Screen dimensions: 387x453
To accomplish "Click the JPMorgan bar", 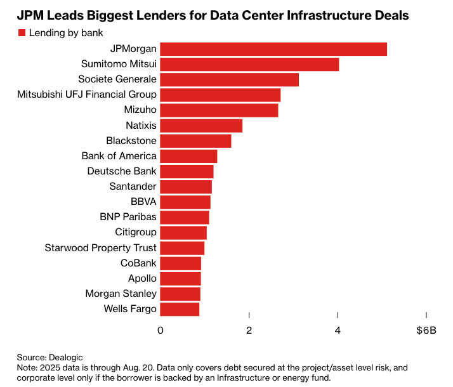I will [273, 49].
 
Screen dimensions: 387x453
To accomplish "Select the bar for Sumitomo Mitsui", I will [249, 64].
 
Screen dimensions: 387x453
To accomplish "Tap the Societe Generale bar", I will [229, 79].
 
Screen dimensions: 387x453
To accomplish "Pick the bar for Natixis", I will [201, 126].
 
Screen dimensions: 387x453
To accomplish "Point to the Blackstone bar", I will [195, 141].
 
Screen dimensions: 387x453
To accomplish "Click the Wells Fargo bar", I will [180, 309].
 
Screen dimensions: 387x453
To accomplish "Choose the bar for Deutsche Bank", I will [187, 171].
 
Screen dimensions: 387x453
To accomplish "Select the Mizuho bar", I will [219, 110].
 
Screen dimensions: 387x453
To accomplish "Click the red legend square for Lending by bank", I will [22, 32].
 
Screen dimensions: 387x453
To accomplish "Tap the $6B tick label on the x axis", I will [426, 330].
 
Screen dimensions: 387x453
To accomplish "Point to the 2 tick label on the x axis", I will [249, 330].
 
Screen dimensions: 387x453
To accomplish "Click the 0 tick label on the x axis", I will [161, 330].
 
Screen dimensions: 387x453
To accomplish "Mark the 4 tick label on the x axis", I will [338, 330].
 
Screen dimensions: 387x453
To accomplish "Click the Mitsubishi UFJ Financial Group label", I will [86, 95].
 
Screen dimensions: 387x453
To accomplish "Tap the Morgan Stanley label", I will [121, 294].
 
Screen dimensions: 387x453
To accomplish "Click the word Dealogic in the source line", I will [67, 358].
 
